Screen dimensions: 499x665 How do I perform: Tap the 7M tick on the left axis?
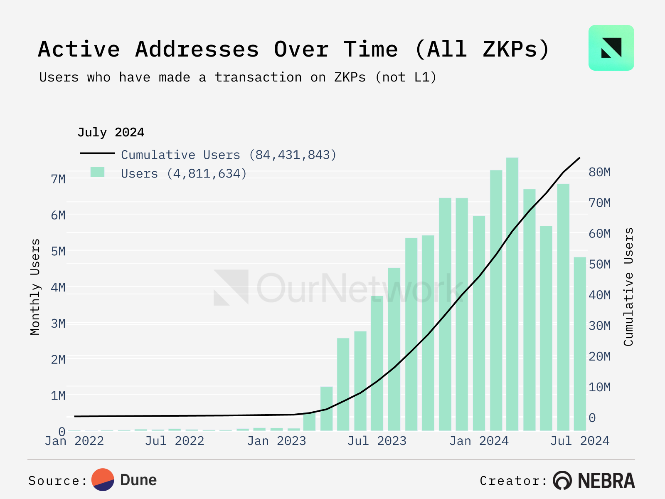[x=58, y=179]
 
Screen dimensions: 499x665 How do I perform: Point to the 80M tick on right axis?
[x=599, y=172]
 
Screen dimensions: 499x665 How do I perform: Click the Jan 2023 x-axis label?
[x=276, y=441]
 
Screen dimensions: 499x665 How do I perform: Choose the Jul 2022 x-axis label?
[x=175, y=441]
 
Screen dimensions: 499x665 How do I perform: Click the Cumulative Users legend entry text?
[x=229, y=155]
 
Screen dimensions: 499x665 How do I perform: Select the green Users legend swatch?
[x=97, y=172]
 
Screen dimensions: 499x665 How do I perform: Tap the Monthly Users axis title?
[x=35, y=287]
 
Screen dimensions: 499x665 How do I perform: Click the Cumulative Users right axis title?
[x=628, y=287]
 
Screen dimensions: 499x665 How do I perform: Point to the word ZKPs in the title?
[x=515, y=49]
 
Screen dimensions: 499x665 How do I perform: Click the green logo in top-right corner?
[x=611, y=48]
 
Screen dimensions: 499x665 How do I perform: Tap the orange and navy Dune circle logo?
[x=103, y=480]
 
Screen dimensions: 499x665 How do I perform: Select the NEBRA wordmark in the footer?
[x=606, y=481]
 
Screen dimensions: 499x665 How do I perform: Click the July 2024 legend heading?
[x=111, y=132]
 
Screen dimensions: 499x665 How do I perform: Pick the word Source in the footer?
[x=54, y=481]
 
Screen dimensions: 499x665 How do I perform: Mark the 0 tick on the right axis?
[x=592, y=418]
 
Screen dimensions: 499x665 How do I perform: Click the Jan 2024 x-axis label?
[x=479, y=441]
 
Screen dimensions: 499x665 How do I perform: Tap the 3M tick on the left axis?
[x=58, y=323]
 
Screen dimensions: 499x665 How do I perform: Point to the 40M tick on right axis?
[x=599, y=295]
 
